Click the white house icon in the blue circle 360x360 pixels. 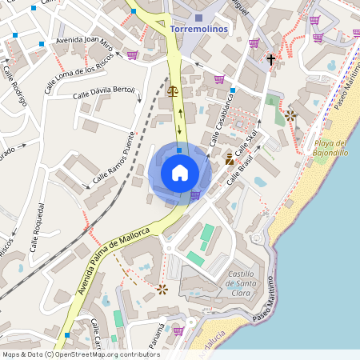click(x=180, y=172)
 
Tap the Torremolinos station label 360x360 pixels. click(x=199, y=29)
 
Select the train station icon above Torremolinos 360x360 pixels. click(x=199, y=16)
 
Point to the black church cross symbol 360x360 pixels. click(x=270, y=59)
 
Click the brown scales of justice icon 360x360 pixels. click(x=174, y=91)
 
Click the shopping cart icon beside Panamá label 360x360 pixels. click(x=178, y=330)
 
